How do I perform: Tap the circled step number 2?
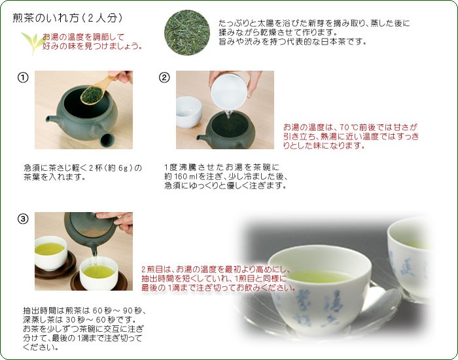(164, 78)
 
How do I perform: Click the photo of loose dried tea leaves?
(186, 30)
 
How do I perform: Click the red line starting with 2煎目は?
(216, 269)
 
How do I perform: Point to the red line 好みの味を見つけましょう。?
(92, 46)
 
